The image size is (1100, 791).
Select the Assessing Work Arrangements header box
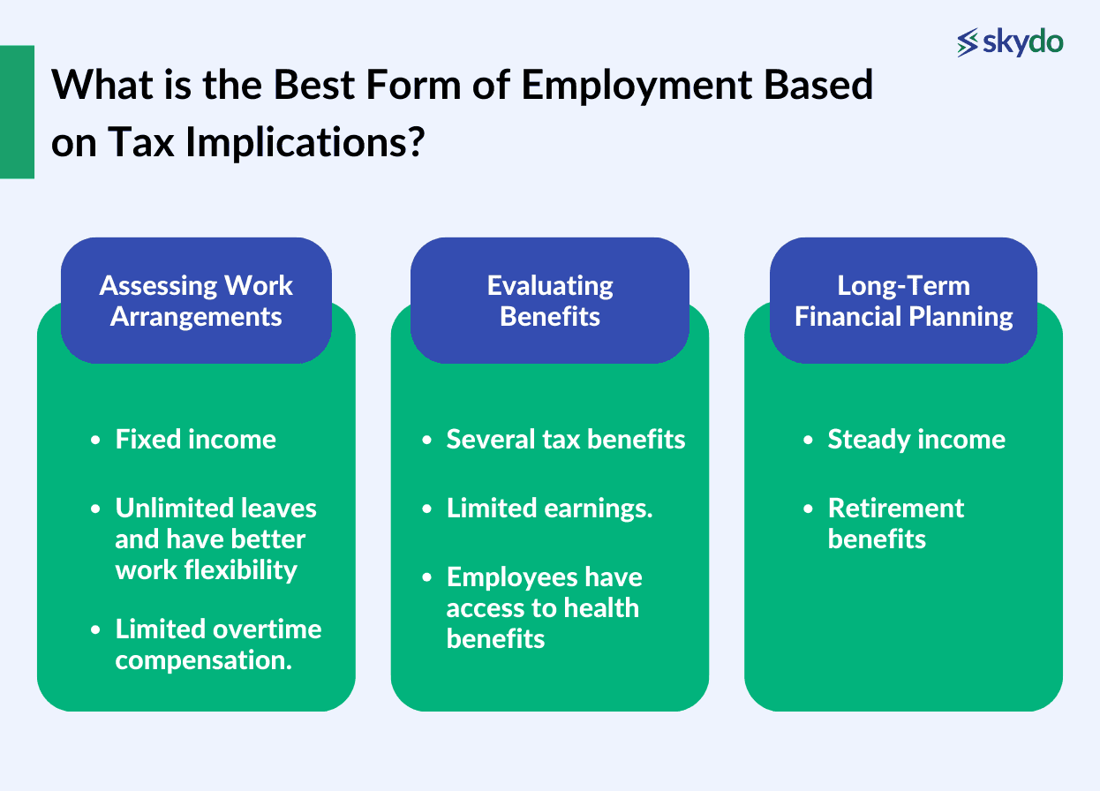point(196,300)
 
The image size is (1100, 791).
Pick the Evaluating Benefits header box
point(549,300)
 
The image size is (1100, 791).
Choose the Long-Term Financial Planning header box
point(903,300)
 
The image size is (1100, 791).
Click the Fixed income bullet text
point(195,440)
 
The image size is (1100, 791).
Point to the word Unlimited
point(164,508)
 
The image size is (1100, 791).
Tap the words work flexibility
point(206,569)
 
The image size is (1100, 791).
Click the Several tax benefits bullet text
point(565,440)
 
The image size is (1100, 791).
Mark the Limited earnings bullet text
point(549,508)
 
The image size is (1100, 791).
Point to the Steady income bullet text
point(915,440)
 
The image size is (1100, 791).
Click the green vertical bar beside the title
point(17,112)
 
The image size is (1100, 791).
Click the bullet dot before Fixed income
point(96,441)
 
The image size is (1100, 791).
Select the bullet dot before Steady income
point(809,441)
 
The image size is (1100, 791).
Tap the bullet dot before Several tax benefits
point(427,441)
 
